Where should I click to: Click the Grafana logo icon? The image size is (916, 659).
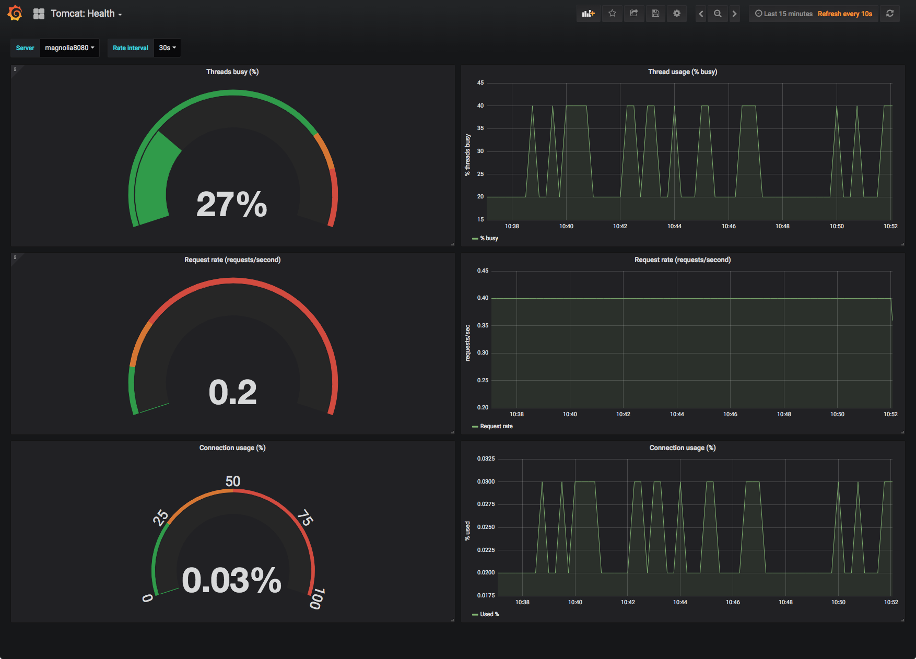(x=15, y=13)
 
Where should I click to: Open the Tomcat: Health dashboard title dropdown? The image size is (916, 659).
(x=86, y=14)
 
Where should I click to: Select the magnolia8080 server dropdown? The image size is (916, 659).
(x=69, y=48)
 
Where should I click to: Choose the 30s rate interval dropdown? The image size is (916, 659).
(x=167, y=48)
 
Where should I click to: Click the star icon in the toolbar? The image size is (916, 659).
(x=612, y=14)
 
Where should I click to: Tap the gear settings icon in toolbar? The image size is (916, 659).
(x=677, y=14)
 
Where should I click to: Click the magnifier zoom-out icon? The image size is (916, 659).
(x=718, y=14)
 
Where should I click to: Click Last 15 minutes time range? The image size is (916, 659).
(x=784, y=14)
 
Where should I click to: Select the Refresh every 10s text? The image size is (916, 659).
(x=844, y=14)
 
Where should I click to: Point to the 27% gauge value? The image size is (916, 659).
(x=231, y=204)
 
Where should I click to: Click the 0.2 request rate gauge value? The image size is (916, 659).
(x=232, y=392)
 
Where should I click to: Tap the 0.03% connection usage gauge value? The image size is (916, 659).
(x=231, y=580)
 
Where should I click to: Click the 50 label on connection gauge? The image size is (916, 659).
(x=233, y=481)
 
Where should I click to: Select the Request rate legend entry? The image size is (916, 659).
(x=496, y=426)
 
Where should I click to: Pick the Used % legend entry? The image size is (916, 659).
(x=489, y=614)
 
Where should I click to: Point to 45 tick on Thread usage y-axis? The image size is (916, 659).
(x=480, y=83)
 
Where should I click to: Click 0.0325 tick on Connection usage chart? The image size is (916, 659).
(x=486, y=458)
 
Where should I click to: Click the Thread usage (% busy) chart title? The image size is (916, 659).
(x=682, y=72)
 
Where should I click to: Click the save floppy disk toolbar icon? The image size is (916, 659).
(x=655, y=14)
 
